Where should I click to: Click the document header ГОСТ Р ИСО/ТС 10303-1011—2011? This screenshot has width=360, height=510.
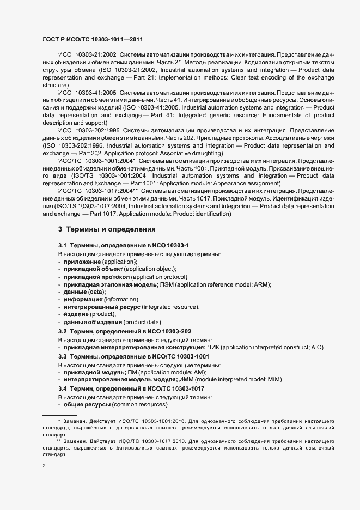coord(93,40)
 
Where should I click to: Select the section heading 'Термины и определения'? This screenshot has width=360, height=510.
coord(107,229)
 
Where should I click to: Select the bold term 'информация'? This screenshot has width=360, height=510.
coord(83,299)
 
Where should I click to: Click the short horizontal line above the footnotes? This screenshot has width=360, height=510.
coord(59,415)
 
